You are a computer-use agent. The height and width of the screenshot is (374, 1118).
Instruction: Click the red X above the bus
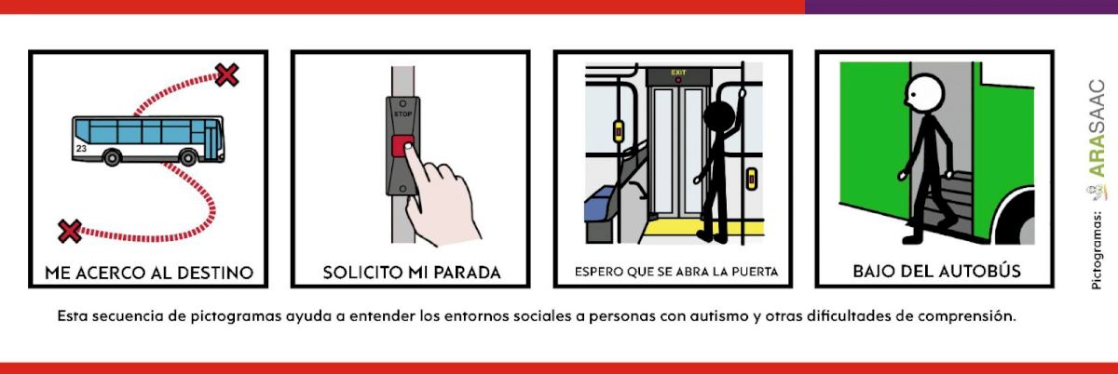226,74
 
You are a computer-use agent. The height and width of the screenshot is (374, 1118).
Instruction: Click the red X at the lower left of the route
70,231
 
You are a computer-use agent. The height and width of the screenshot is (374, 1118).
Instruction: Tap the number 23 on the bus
81,149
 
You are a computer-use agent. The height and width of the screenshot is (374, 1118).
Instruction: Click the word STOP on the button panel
402,114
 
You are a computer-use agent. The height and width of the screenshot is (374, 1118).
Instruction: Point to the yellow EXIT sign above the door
678,73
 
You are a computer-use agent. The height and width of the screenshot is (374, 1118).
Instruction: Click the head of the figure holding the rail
718,117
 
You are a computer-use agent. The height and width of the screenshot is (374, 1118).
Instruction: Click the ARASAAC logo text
1097,127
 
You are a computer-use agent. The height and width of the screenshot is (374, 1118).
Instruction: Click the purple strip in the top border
961,7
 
